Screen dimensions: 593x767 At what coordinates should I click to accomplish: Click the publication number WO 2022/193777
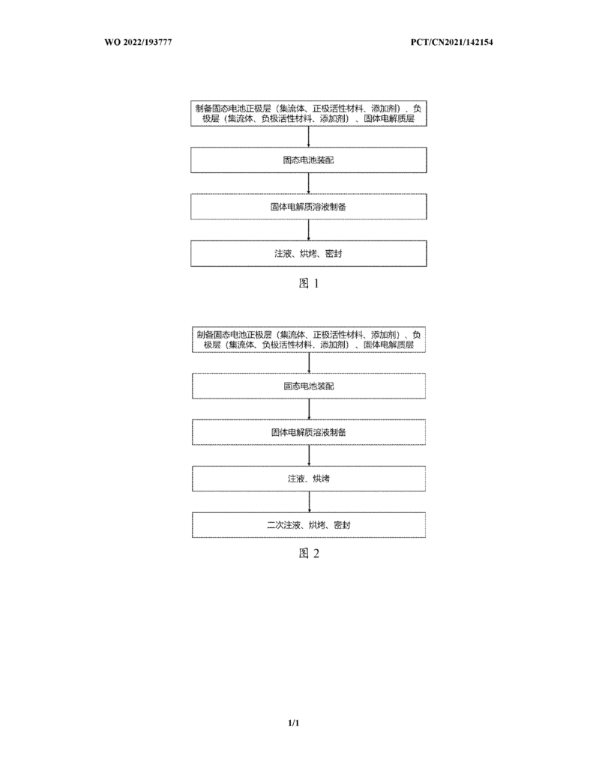pos(138,42)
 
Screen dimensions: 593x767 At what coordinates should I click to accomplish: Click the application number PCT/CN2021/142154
pos(451,42)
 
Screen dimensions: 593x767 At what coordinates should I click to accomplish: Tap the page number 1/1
pos(294,723)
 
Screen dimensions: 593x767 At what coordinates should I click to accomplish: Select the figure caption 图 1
pos(309,283)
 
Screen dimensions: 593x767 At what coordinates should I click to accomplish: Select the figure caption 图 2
pos(309,554)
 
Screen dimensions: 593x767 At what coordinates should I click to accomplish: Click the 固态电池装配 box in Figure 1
pos(309,160)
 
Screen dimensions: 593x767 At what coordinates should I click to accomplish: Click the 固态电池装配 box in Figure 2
pos(309,386)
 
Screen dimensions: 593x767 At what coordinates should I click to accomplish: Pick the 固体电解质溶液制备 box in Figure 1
pos(309,207)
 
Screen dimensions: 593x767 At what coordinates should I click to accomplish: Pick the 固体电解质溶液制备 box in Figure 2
pos(309,432)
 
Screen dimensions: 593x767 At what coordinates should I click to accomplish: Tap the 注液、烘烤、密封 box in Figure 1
pos(309,253)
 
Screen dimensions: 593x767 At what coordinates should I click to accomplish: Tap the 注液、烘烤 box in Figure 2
pos(309,479)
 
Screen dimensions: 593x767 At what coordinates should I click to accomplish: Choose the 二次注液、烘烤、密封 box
pos(309,525)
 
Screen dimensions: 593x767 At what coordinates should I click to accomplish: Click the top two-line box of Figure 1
pos(309,114)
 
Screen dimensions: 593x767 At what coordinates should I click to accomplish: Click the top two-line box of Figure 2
pos(309,339)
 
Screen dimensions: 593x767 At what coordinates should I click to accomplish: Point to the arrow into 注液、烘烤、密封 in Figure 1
pos(309,230)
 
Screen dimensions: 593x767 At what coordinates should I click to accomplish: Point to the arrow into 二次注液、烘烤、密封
pos(309,502)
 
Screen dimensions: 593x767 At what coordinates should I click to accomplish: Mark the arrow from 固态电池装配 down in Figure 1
pos(309,184)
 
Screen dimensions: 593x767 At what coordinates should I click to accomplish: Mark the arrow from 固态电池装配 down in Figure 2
pos(309,410)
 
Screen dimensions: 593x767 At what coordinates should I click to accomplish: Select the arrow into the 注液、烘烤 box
pos(309,455)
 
